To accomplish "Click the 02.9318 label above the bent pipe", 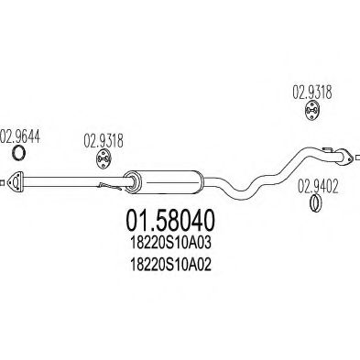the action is [311, 92].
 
